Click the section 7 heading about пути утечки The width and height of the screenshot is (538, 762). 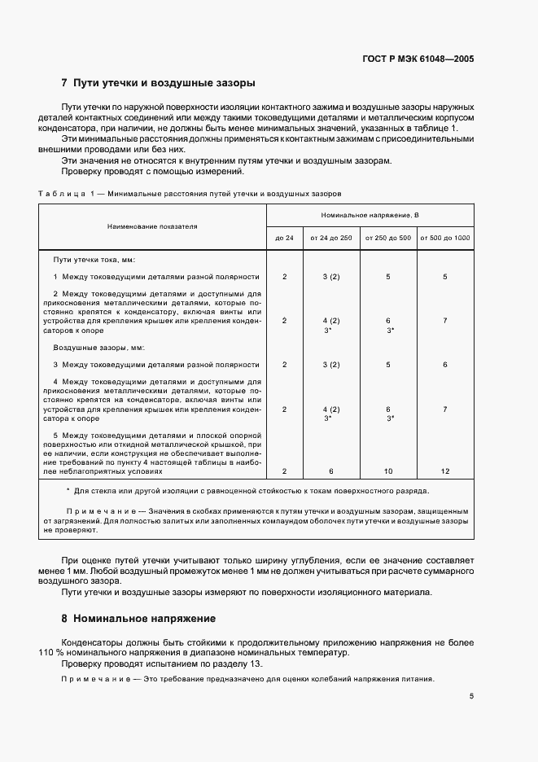pos(158,83)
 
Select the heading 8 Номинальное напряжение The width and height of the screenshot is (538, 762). pos(138,619)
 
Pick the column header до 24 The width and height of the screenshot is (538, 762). pos(284,237)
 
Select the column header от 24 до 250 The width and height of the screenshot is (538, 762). pos(330,237)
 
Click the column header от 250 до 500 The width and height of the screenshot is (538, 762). pos(387,237)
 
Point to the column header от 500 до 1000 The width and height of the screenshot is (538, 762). pos(444,237)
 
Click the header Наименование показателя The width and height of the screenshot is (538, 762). pos(151,226)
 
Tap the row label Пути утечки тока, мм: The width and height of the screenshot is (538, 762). pos(94,260)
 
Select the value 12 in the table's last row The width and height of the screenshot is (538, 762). pos(444,471)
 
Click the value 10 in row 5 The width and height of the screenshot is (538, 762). pos(387,471)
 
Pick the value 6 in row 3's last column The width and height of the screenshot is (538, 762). pos(444,365)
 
